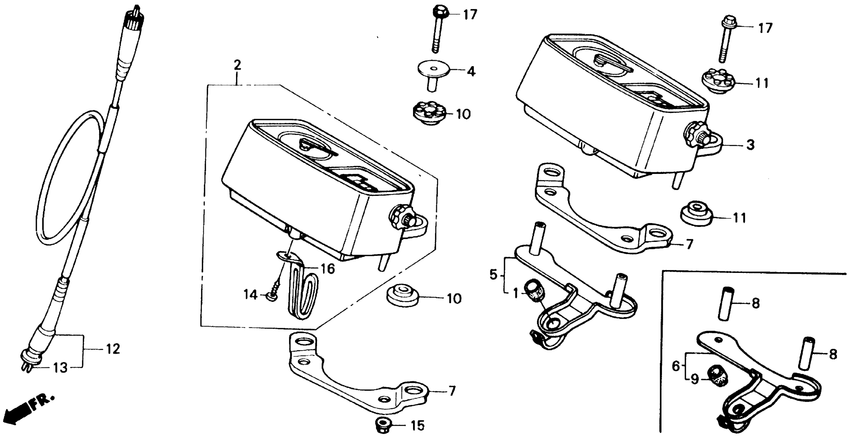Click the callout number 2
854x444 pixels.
point(237,65)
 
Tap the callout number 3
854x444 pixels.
point(750,145)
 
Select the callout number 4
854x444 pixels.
point(471,71)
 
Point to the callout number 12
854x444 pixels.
point(113,349)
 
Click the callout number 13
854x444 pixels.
point(61,368)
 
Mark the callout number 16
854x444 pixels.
point(328,269)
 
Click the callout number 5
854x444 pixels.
point(494,275)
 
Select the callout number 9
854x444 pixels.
point(694,379)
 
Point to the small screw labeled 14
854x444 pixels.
point(274,291)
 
